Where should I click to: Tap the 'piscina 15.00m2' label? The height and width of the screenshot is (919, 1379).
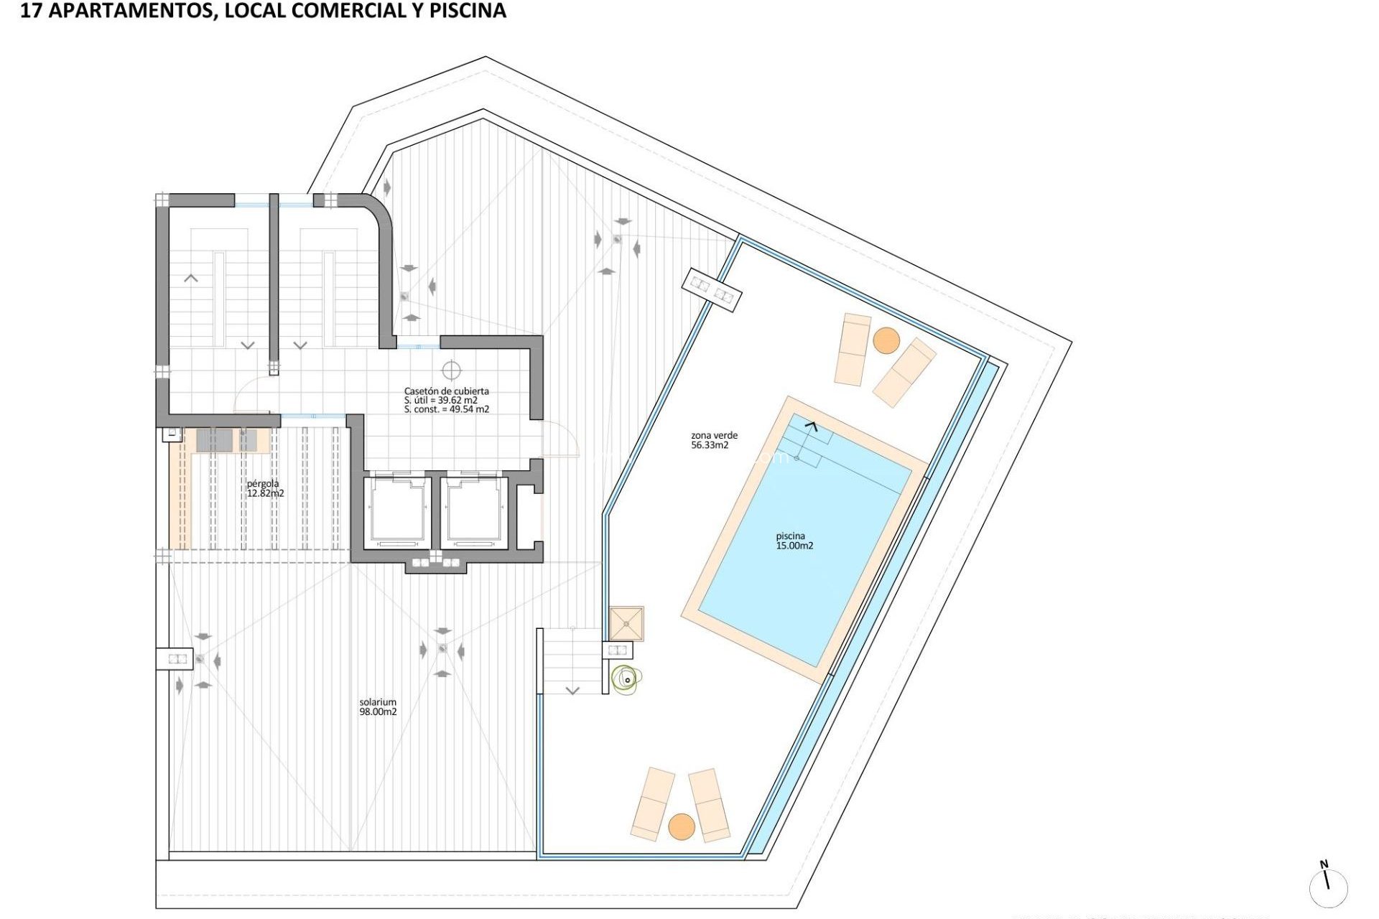(794, 541)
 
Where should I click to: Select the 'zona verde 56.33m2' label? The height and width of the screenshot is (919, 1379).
(714, 440)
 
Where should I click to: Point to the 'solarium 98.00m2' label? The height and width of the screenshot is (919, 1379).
(378, 707)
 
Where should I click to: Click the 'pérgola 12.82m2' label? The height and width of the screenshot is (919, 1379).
(265, 488)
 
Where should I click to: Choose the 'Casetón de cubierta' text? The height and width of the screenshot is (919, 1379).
(446, 391)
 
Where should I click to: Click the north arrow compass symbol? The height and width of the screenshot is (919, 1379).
(1327, 886)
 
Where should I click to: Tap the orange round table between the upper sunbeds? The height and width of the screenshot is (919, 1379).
(886, 340)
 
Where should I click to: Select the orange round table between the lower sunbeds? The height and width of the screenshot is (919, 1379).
(682, 826)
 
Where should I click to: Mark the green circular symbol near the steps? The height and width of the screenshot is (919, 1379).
(626, 678)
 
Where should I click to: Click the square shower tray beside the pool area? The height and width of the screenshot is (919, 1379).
(626, 623)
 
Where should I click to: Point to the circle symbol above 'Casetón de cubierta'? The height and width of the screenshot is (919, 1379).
(451, 370)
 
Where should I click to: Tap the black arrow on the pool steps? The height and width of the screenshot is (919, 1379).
(811, 426)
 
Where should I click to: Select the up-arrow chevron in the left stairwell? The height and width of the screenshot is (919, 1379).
(191, 278)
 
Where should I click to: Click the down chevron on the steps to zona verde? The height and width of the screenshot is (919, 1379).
(572, 691)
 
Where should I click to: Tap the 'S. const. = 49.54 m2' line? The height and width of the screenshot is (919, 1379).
(446, 409)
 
